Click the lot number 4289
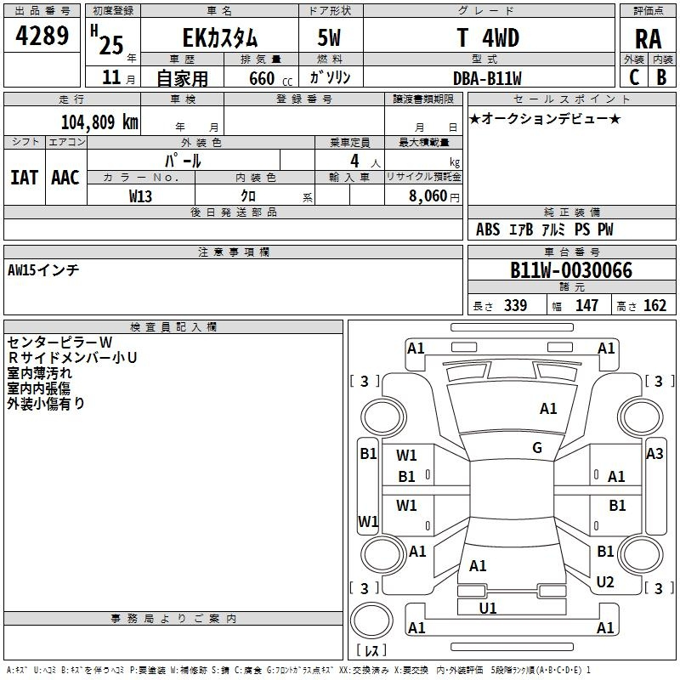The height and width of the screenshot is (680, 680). [x=42, y=36]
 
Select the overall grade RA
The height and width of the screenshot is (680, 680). [x=648, y=39]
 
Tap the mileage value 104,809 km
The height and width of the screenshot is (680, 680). [x=99, y=122]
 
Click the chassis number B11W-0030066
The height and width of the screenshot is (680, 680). [x=571, y=270]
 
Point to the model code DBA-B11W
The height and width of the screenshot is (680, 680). [x=487, y=78]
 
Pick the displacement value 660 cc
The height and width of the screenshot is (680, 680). [x=270, y=79]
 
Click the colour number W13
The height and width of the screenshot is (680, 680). [x=140, y=196]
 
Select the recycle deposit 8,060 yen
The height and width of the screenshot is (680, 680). [x=433, y=196]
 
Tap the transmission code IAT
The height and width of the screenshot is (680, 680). [x=24, y=178]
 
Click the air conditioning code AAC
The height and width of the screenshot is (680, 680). [x=65, y=178]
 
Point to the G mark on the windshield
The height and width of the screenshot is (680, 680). [x=537, y=448]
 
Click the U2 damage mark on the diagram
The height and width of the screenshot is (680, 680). [x=605, y=581]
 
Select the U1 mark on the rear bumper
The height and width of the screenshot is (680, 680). [x=487, y=608]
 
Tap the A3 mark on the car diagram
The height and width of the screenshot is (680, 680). [x=654, y=454]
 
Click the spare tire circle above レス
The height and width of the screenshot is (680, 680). [x=371, y=620]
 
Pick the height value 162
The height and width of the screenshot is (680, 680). [x=654, y=305]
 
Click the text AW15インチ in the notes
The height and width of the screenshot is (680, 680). [x=43, y=270]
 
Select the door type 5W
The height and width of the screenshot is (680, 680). [x=330, y=37]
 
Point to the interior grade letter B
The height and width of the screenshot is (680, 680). [x=662, y=77]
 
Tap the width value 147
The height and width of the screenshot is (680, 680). [x=586, y=305]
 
